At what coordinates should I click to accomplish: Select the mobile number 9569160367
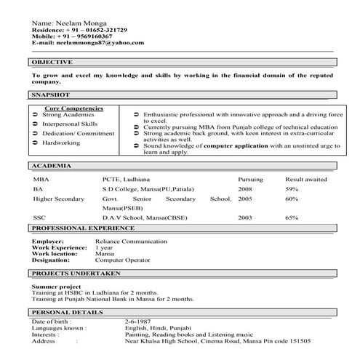tap(90, 36)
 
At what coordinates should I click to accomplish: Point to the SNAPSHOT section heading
tap(50, 95)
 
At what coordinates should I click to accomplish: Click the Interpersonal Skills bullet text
tap(71, 124)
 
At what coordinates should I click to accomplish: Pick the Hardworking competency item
tap(61, 143)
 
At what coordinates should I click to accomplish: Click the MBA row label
tap(41, 178)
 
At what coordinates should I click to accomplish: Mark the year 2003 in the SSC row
tap(245, 217)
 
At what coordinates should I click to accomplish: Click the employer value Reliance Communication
tap(131, 240)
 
